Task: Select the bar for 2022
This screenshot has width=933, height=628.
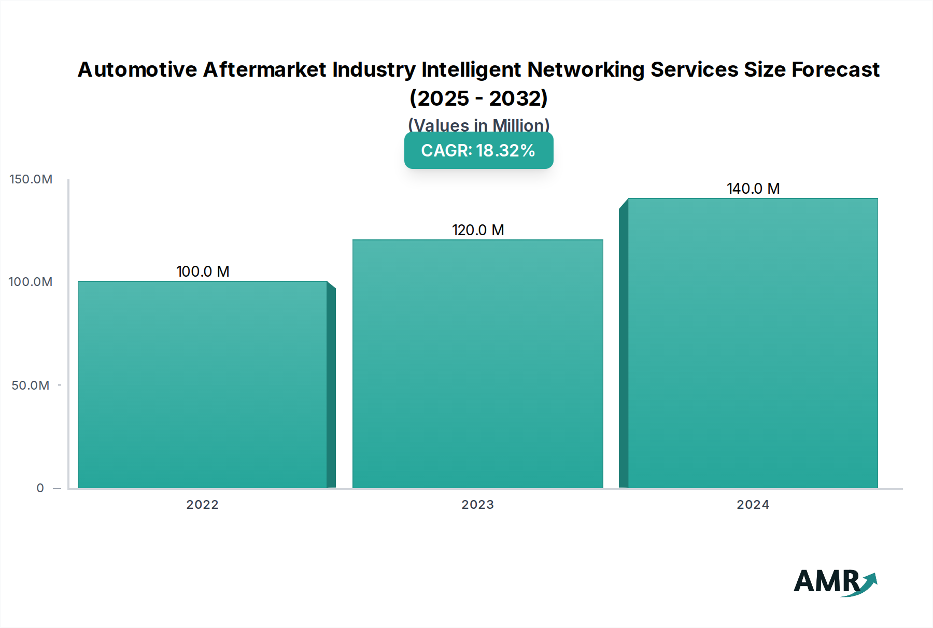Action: [203, 384]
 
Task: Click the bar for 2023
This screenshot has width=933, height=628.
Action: [478, 364]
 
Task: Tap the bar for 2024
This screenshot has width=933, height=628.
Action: [753, 343]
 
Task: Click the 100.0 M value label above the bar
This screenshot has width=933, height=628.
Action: [203, 272]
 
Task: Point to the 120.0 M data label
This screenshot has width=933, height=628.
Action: [478, 230]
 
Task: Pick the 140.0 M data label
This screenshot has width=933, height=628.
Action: [753, 189]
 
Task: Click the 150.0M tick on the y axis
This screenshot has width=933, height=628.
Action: [31, 179]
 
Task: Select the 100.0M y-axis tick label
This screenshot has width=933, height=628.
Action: [31, 282]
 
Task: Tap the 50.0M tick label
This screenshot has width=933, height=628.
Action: [31, 386]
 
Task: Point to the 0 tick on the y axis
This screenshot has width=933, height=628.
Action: [40, 488]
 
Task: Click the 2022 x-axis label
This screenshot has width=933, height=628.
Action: [203, 505]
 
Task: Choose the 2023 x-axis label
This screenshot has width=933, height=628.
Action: [478, 505]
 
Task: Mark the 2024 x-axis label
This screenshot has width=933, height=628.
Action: [753, 505]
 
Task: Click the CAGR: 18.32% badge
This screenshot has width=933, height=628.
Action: [478, 150]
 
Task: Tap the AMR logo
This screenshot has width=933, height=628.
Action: [835, 582]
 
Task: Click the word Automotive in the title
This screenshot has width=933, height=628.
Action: [137, 69]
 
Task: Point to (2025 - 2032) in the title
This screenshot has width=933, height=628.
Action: [478, 98]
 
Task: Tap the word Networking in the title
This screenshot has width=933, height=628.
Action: [586, 69]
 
